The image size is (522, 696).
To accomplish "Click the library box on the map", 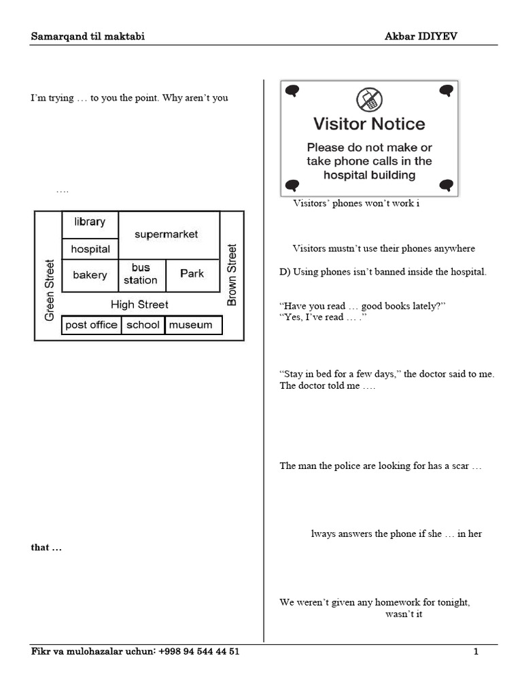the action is (90, 225).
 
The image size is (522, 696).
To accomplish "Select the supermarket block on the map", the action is (169, 235).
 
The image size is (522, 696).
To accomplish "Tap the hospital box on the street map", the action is (90, 249).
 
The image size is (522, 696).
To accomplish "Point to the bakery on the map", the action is (90, 276).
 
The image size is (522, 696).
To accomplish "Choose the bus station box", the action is (142, 276).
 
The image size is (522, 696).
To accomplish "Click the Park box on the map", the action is (193, 276).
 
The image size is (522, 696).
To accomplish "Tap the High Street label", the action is (139, 304).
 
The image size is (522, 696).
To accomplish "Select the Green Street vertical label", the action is (49, 290).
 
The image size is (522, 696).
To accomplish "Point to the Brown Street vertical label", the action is (232, 275).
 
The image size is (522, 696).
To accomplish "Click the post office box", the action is (92, 325).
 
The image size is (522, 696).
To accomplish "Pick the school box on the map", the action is (143, 325).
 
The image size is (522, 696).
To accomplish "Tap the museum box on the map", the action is (194, 325).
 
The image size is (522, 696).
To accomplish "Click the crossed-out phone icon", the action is (369, 99).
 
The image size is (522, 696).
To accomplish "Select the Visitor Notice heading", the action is (369, 124).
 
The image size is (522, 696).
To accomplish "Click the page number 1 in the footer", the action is (476, 652).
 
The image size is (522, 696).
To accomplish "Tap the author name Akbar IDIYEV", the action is (421, 37).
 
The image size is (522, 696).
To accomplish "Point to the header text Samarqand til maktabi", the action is (88, 37).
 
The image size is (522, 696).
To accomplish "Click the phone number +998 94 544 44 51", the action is (199, 652).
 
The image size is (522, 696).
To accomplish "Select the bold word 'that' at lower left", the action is (40, 547).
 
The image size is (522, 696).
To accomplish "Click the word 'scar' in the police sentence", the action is (460, 466).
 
